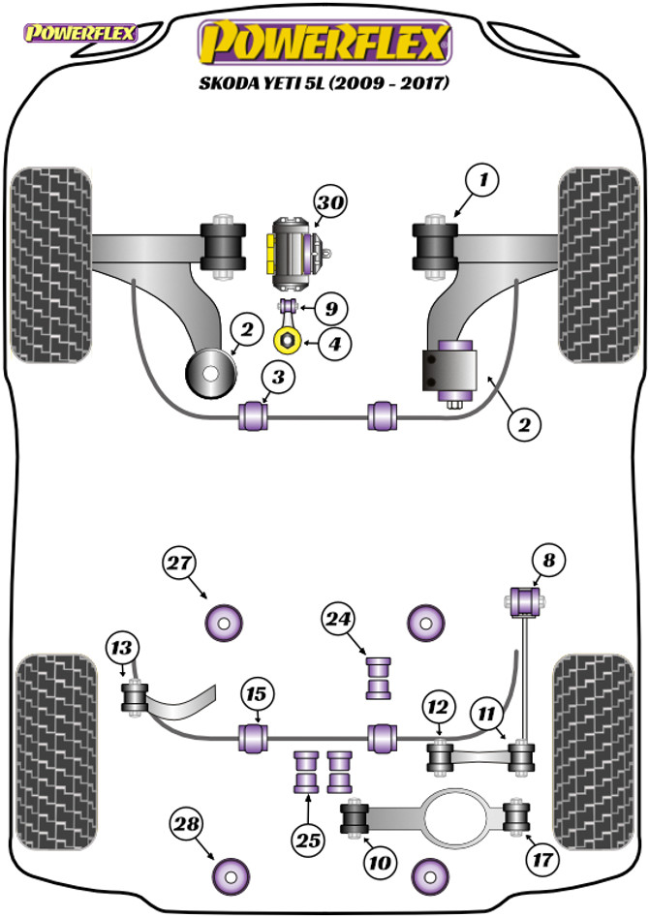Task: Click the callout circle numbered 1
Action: (481, 180)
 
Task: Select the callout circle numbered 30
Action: (329, 203)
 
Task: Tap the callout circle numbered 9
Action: (330, 310)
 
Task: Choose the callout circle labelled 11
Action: (486, 715)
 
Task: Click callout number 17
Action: (539, 857)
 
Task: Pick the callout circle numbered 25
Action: (307, 841)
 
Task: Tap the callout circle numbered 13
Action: (123, 647)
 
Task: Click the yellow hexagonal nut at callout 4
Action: (287, 341)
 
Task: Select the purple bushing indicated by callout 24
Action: (378, 678)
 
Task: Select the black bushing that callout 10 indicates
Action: (356, 821)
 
